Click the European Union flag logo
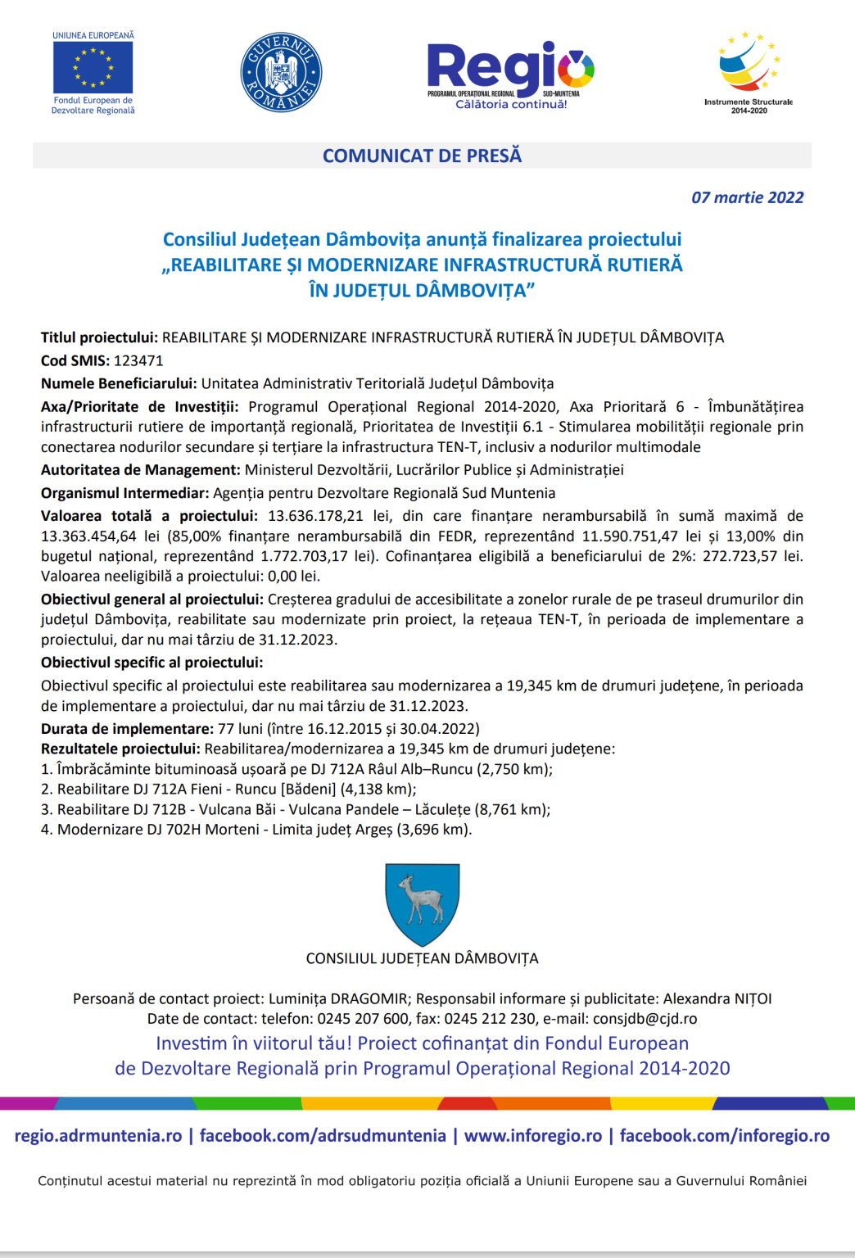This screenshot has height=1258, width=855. (x=93, y=67)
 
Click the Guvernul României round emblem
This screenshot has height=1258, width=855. (x=281, y=72)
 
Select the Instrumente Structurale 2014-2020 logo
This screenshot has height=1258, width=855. (x=749, y=69)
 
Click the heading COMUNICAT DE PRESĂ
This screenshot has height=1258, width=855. (x=422, y=156)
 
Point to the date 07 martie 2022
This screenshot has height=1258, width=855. (x=747, y=197)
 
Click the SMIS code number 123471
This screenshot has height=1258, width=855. (x=138, y=360)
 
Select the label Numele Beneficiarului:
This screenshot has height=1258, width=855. (x=119, y=383)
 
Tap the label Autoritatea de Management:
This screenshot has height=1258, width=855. (x=140, y=470)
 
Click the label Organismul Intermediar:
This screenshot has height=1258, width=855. (x=124, y=493)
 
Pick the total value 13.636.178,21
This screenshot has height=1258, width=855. (x=315, y=516)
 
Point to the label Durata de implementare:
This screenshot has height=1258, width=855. (x=127, y=729)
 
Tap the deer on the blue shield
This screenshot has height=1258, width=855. (x=422, y=898)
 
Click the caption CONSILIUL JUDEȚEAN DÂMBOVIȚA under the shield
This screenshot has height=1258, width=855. (x=422, y=959)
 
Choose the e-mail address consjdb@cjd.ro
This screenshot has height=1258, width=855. (x=645, y=1019)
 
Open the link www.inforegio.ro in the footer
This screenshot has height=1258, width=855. (x=533, y=1136)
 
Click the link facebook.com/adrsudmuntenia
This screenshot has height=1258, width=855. (x=323, y=1136)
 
